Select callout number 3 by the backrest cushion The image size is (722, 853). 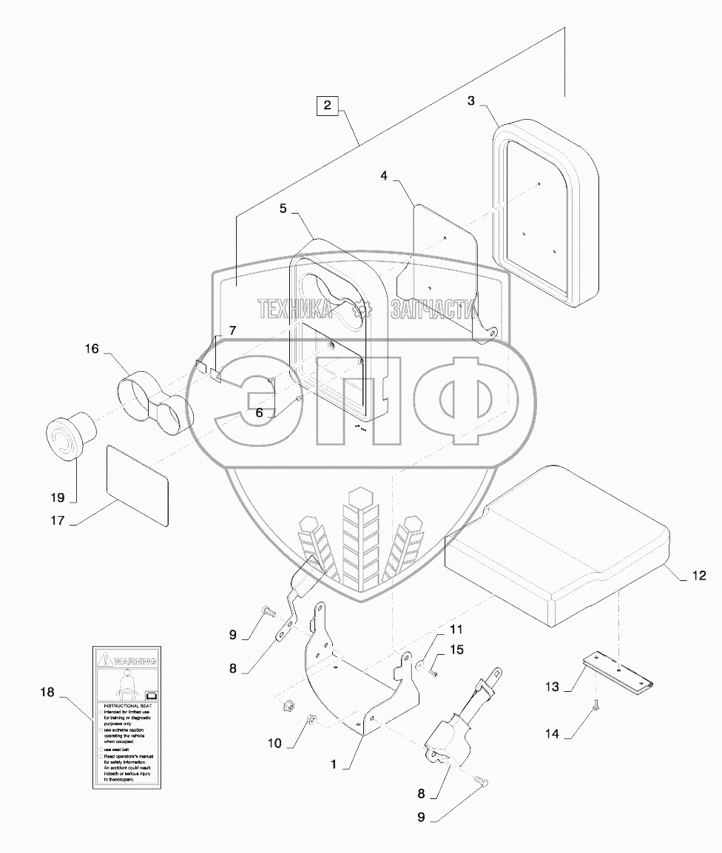pyautogui.click(x=471, y=101)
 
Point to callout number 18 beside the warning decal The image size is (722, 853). pyautogui.click(x=48, y=693)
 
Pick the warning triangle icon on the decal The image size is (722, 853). pyautogui.click(x=106, y=656)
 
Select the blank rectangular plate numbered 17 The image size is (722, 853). pyautogui.click(x=138, y=485)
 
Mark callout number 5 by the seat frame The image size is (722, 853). pyautogui.click(x=283, y=208)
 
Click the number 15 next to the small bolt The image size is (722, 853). pyautogui.click(x=456, y=650)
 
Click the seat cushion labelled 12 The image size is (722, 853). pyautogui.click(x=562, y=547)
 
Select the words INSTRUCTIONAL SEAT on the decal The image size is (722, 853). pyautogui.click(x=125, y=706)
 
